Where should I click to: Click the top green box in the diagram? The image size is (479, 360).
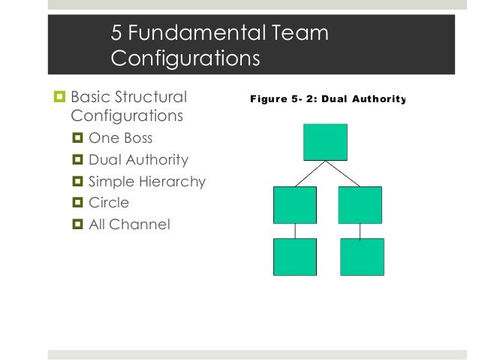coord(325,142)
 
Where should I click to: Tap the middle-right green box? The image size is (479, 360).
coord(360,205)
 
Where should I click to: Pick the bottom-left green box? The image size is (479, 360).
coord(295,257)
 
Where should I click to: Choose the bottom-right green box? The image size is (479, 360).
coord(362,257)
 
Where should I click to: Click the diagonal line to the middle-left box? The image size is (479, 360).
coord(309,174)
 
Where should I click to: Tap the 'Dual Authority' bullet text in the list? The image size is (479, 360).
coord(138,160)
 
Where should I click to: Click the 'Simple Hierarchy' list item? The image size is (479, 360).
coord(146,181)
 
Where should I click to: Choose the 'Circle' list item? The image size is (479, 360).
coord(109,202)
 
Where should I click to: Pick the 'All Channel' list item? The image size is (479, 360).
coord(129,223)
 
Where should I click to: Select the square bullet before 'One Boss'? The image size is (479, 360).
coord(77,139)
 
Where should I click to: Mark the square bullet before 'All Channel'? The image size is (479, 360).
coord(77,223)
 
